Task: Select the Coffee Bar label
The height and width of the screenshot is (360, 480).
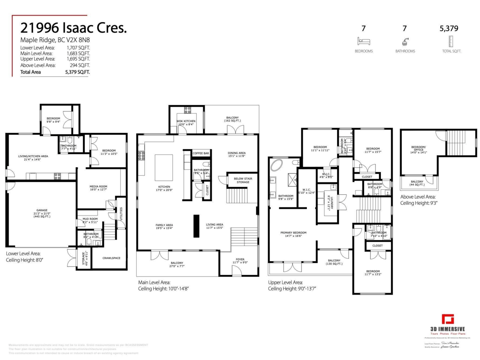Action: tap(201, 153)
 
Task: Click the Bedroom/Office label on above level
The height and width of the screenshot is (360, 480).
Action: tap(419, 151)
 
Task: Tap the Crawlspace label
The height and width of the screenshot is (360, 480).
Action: tap(111, 258)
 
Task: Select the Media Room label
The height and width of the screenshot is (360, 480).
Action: tap(98, 188)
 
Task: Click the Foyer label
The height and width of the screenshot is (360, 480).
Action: tap(240, 261)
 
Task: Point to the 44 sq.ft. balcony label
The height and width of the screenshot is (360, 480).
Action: tap(417, 183)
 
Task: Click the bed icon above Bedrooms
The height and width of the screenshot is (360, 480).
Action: tap(364, 41)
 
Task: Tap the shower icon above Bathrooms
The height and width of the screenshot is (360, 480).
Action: tap(404, 41)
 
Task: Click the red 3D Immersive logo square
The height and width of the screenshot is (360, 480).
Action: tap(448, 320)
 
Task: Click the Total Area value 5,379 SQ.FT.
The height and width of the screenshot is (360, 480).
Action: tap(77, 72)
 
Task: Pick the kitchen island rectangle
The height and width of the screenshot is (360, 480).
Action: tap(164, 168)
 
